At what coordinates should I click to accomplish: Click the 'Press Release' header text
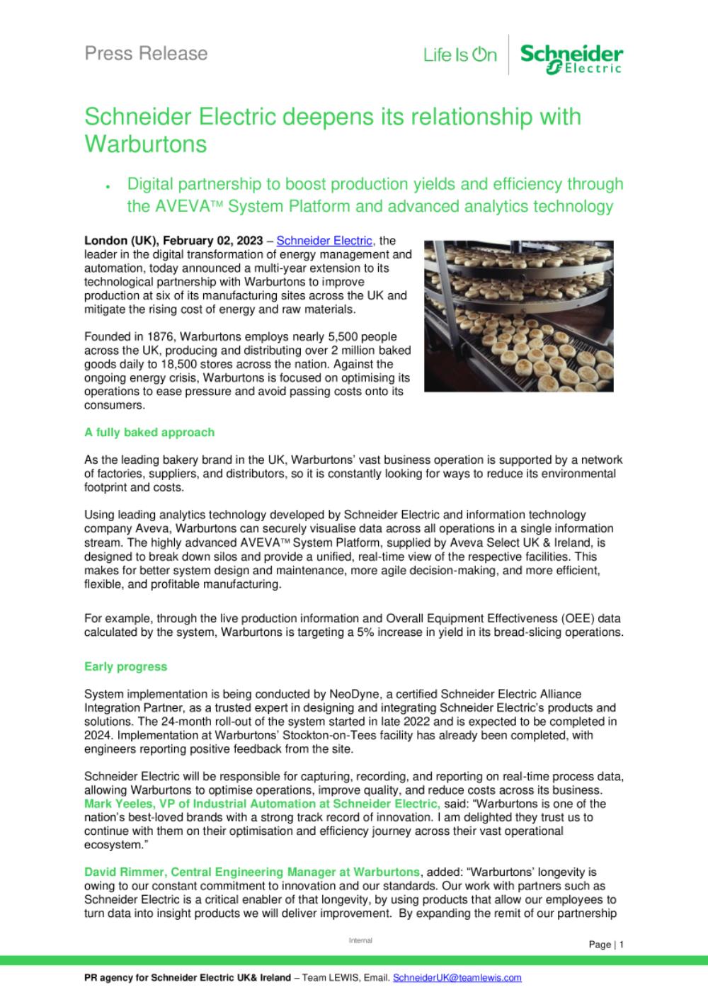(x=146, y=54)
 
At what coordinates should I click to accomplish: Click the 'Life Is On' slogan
(x=460, y=55)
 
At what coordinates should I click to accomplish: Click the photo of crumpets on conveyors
(x=518, y=316)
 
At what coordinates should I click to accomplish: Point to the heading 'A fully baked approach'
(x=149, y=432)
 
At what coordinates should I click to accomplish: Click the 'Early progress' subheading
(x=125, y=666)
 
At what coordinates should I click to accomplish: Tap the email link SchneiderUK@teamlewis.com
(x=457, y=978)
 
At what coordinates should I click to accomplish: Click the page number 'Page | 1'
(x=606, y=944)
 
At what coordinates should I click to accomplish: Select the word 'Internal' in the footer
(x=360, y=940)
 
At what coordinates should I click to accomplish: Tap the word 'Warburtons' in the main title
(x=146, y=144)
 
